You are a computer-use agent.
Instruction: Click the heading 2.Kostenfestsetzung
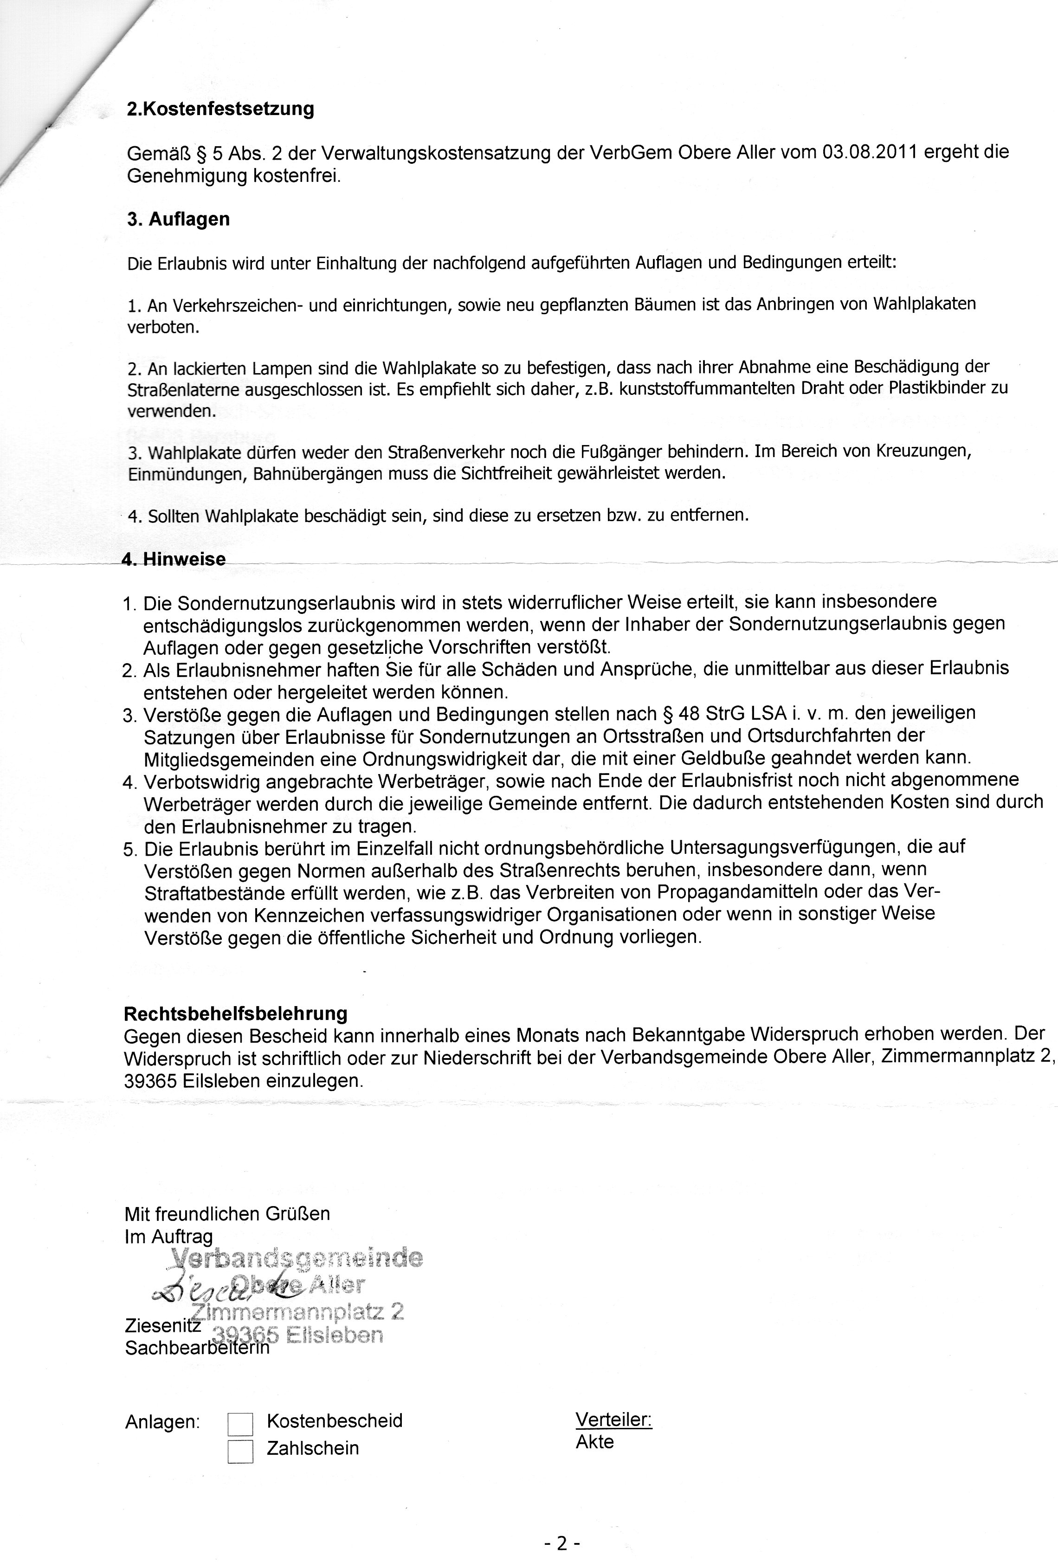coord(220,109)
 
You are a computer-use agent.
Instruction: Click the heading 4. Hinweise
coord(174,559)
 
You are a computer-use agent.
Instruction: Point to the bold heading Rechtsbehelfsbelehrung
coord(236,1013)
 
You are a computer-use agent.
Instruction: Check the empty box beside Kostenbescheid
coord(240,1424)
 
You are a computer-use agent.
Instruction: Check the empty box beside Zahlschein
coord(240,1451)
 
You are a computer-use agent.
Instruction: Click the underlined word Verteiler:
coord(614,1420)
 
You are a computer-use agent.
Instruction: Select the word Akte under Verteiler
coord(595,1442)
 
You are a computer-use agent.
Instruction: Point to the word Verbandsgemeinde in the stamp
coord(298,1257)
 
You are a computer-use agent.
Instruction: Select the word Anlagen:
coord(163,1422)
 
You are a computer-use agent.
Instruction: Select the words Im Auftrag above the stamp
coord(169,1236)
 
